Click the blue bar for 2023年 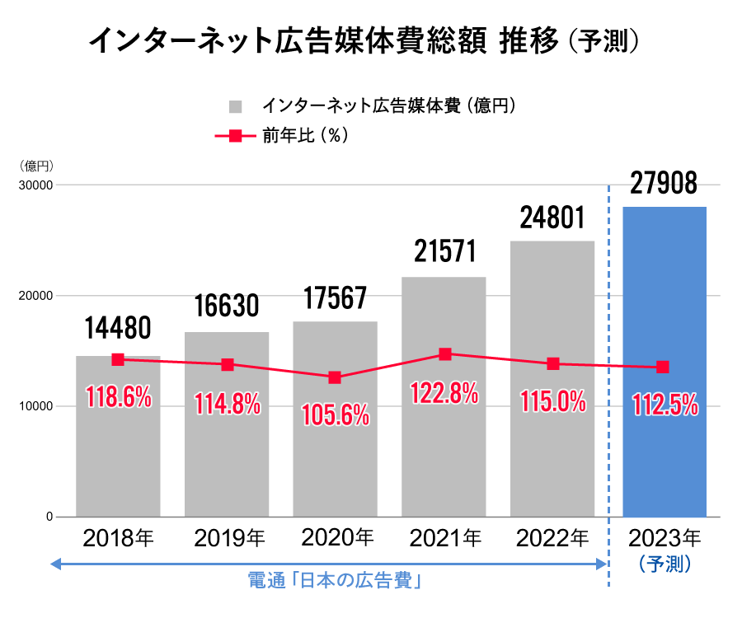(x=665, y=445)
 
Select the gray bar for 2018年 (x=118, y=461)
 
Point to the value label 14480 (x=118, y=330)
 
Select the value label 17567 (x=336, y=297)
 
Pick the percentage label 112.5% (x=665, y=405)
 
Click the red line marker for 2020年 (x=335, y=377)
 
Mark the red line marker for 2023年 (x=663, y=367)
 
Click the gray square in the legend (x=235, y=106)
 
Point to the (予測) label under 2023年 (x=665, y=564)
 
